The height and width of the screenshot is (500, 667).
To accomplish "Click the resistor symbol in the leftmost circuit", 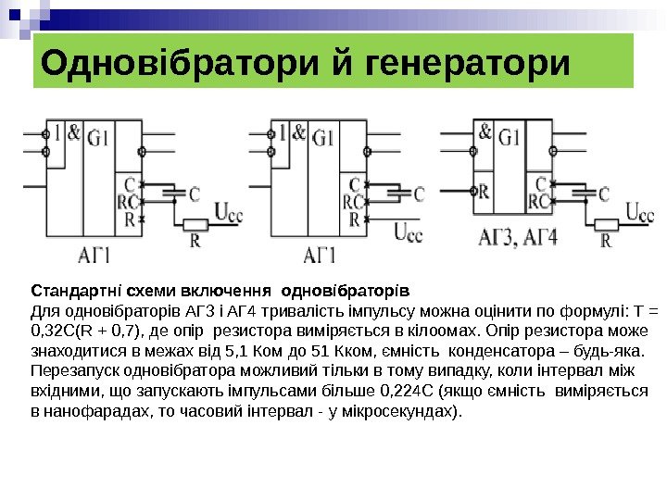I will pyautogui.click(x=195, y=225).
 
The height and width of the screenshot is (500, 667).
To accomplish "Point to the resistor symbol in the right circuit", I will pyautogui.click(x=607, y=224).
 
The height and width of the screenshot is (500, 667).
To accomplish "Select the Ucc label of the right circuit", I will pyautogui.click(x=640, y=212).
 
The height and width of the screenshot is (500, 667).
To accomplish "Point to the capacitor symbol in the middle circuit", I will pyautogui.click(x=393, y=194).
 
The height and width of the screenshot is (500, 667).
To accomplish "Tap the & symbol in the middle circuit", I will pyautogui.click(x=299, y=132).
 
